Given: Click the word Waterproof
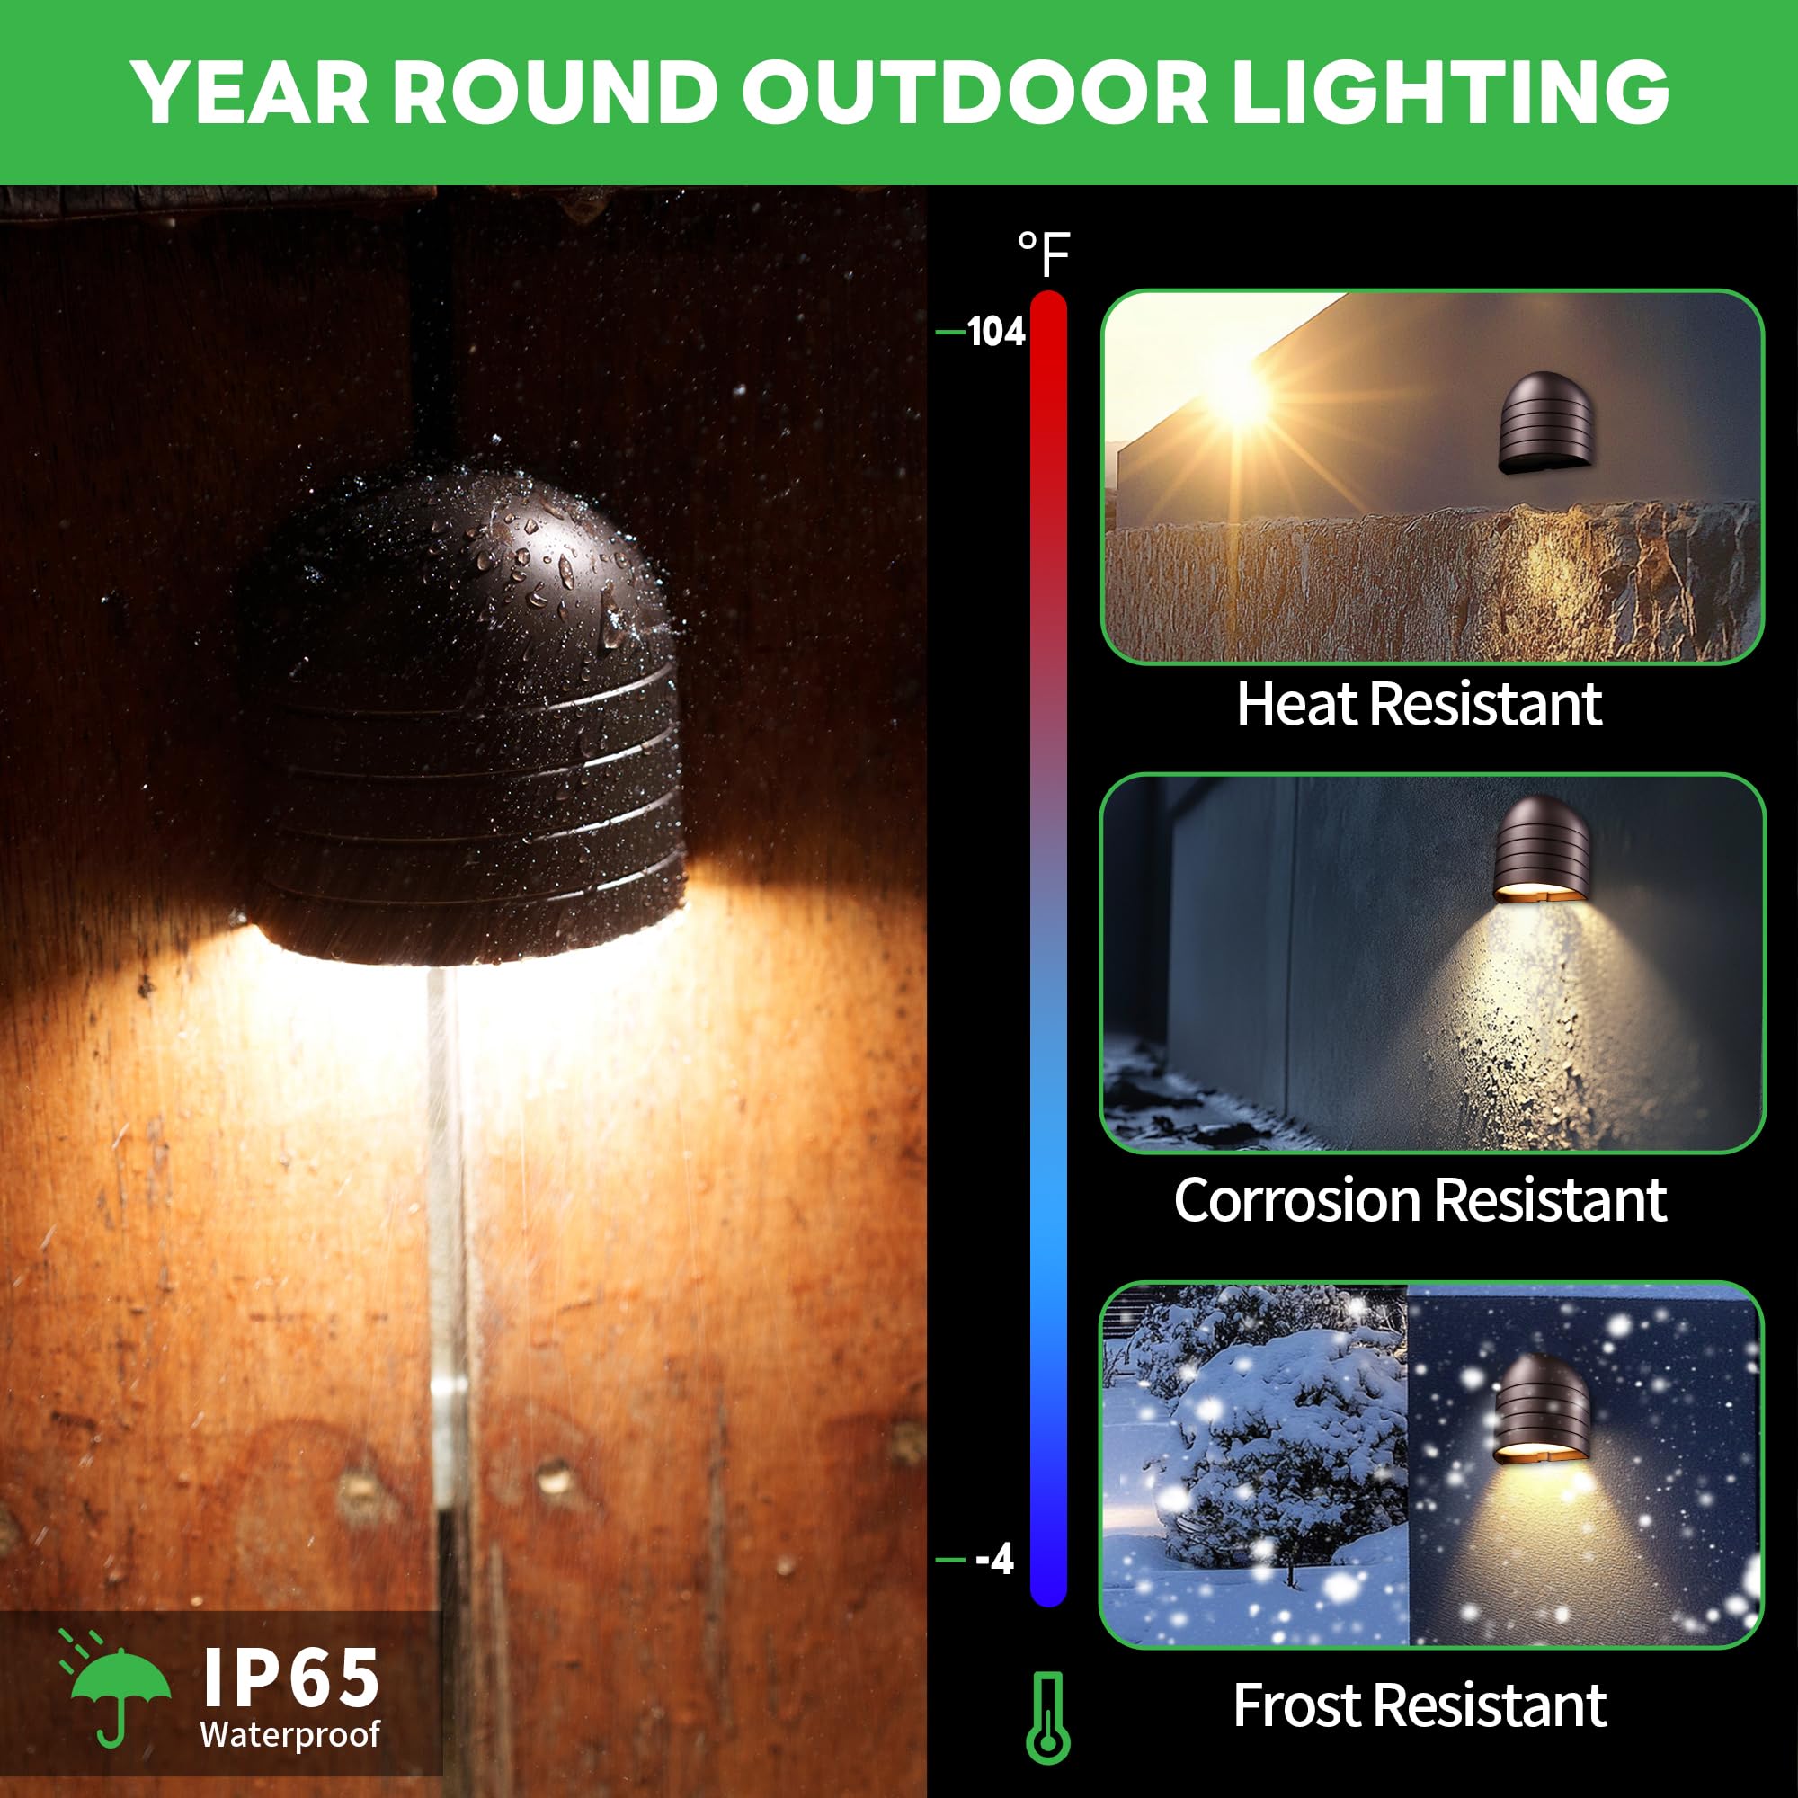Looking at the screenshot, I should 290,1734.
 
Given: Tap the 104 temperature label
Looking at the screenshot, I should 996,333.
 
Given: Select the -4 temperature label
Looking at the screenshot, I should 994,1559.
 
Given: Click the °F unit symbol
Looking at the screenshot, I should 1044,254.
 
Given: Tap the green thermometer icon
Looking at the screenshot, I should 1048,1717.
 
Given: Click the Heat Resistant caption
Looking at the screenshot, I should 1420,705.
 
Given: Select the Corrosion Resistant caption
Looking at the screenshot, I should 1420,1200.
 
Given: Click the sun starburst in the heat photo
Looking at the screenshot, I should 1240,397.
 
